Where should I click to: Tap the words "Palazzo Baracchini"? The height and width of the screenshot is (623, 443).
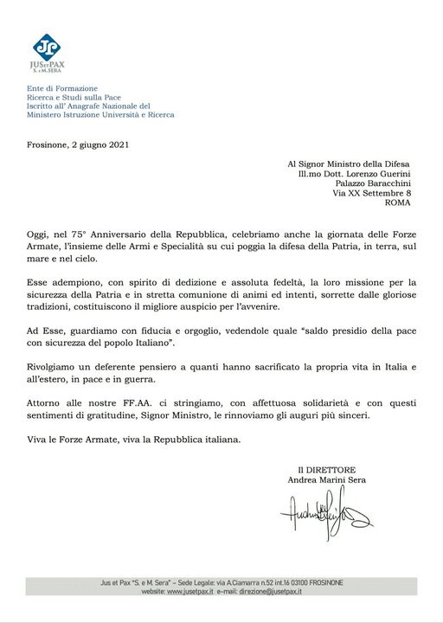(x=373, y=183)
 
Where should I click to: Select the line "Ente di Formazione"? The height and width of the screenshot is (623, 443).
(x=61, y=88)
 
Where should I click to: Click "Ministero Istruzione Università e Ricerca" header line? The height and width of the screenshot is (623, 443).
(x=100, y=114)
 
